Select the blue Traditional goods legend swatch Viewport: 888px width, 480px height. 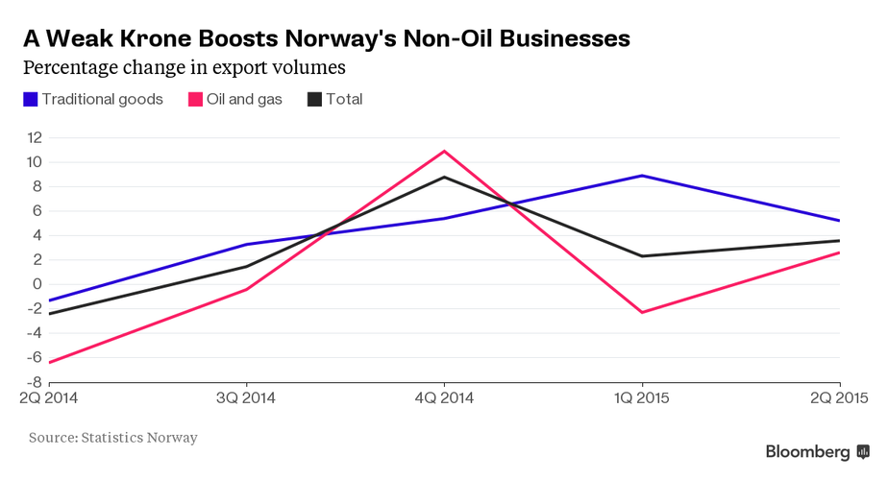[31, 99]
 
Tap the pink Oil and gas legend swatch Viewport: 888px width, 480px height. [195, 99]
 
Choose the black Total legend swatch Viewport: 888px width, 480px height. [314, 99]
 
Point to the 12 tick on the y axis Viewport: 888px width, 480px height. [35, 137]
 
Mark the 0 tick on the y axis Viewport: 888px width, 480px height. [37, 284]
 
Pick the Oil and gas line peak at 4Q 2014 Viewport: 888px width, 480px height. [444, 151]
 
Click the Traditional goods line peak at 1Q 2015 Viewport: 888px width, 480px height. [641, 176]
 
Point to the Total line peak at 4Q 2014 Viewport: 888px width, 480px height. [444, 177]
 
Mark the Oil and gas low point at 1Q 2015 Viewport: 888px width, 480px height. [641, 312]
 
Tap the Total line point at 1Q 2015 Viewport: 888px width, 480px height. [641, 256]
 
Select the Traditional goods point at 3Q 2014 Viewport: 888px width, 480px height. [246, 244]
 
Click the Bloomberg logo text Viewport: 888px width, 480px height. [807, 451]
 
